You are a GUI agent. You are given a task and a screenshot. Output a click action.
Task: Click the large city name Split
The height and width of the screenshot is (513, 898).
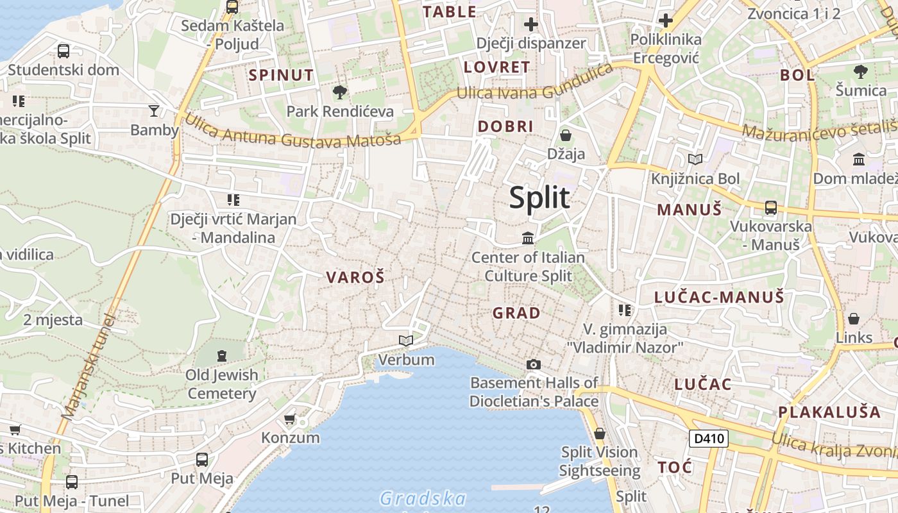coord(539,198)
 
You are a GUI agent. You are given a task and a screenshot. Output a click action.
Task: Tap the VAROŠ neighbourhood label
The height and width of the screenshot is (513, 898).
coord(355,278)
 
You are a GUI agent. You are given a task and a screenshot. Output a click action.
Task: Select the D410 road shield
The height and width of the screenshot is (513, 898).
coord(709,439)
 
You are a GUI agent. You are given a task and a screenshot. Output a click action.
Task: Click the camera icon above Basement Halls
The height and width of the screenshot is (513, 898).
coord(533,364)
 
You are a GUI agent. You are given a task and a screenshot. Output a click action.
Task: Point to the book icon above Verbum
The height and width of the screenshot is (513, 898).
coord(405,341)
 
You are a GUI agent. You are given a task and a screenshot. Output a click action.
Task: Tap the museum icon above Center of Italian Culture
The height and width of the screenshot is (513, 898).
coord(528,239)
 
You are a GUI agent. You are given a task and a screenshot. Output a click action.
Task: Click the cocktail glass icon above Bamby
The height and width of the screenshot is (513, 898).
coord(154,111)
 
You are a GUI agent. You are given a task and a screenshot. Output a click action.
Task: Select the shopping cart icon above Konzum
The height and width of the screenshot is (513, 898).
coord(290,419)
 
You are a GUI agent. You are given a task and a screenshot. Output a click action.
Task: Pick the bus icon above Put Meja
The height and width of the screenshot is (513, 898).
coord(202,459)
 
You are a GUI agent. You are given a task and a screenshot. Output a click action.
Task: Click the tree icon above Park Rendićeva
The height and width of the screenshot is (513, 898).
coord(340,92)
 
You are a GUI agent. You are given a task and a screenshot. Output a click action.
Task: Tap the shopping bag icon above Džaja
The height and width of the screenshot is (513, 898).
coord(566,135)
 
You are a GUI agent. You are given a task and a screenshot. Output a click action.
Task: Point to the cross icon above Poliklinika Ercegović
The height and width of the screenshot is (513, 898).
coord(666,21)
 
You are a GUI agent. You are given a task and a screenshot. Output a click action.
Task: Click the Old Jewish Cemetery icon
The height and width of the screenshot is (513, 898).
coord(222,355)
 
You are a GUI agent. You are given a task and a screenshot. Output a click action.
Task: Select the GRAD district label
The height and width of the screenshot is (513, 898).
coord(516,313)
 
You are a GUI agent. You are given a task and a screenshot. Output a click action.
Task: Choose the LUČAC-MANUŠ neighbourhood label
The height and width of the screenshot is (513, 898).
coord(719,297)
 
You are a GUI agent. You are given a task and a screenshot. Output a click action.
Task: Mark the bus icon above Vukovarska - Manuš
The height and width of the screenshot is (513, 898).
coord(771,207)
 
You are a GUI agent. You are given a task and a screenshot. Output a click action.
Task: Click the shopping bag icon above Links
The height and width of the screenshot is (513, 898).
coord(854,319)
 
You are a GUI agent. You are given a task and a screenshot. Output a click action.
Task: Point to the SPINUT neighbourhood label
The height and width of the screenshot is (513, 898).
coord(281,75)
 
